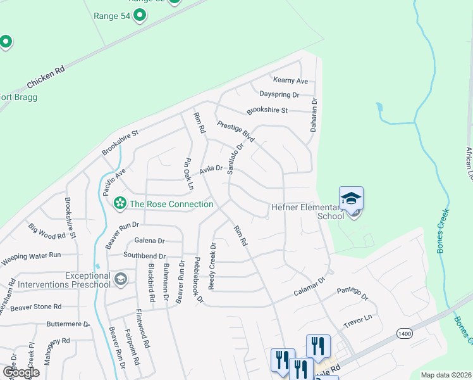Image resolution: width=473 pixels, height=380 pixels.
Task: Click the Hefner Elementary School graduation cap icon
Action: click(352, 198)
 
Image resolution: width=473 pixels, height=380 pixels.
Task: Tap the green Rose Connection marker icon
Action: click(118, 204)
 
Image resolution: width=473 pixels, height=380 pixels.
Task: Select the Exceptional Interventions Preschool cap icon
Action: click(121, 279)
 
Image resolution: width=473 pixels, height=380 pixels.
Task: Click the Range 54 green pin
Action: click(140, 15)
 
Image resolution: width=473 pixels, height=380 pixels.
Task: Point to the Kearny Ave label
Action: click(290, 80)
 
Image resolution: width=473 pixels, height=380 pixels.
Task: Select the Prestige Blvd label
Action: click(235, 132)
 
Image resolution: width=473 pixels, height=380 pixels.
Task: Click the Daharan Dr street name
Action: click(313, 114)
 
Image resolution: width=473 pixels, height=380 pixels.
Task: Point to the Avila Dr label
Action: click(211, 169)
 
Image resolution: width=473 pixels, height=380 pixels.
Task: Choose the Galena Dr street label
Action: click(149, 241)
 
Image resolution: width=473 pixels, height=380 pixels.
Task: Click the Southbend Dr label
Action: click(144, 255)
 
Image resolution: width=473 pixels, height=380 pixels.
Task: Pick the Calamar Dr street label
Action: click(309, 287)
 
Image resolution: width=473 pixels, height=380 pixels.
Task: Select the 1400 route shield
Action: click(405, 332)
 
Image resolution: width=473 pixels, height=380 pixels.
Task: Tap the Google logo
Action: click(21, 372)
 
